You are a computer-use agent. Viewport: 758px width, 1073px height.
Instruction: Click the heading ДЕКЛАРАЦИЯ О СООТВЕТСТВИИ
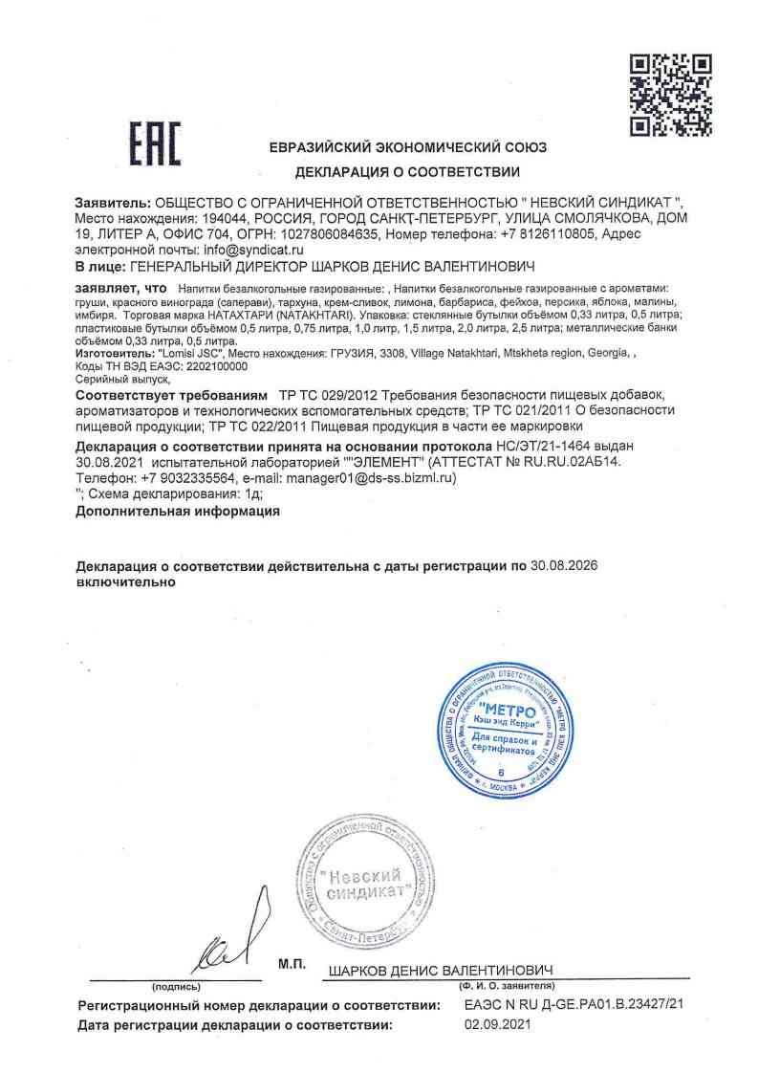click(407, 173)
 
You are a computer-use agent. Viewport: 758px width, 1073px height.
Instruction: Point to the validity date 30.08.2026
click(564, 566)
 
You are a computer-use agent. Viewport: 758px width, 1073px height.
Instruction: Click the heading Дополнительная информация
click(177, 512)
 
